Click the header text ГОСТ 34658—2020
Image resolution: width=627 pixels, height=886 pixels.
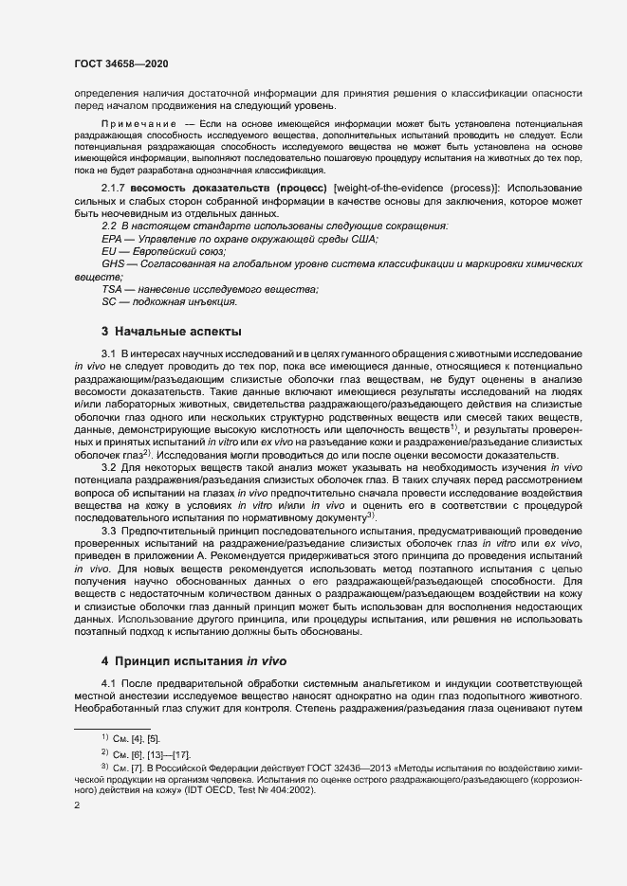pos(121,63)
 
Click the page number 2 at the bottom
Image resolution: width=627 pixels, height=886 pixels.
pos(77,805)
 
